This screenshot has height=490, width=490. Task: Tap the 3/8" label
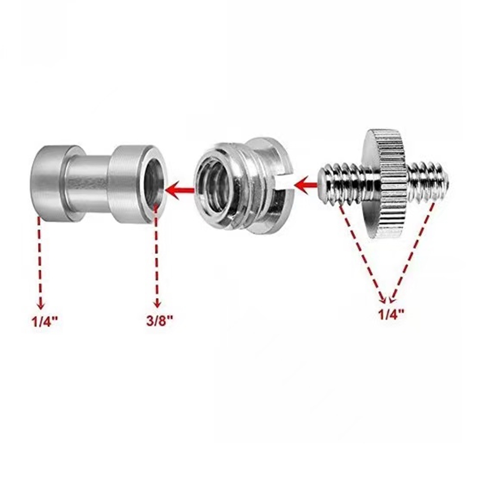click(x=158, y=322)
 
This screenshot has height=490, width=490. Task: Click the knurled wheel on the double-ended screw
click(x=387, y=183)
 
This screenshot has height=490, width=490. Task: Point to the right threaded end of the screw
click(x=431, y=181)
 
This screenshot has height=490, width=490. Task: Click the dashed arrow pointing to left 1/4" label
click(x=39, y=260)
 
